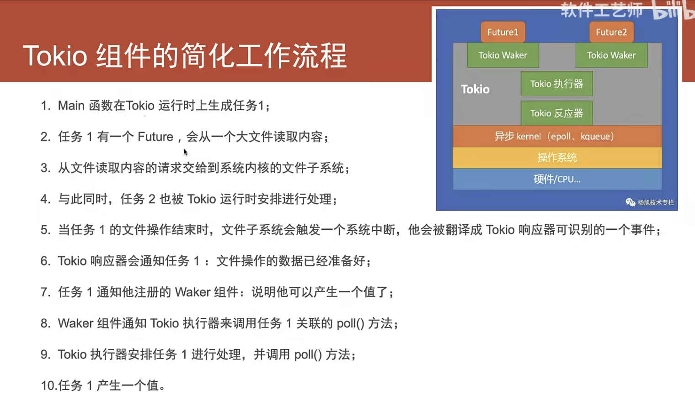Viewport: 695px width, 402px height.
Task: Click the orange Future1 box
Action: coord(503,32)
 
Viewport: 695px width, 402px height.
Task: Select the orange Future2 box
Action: coord(611,32)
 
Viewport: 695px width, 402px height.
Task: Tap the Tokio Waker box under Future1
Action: coord(503,55)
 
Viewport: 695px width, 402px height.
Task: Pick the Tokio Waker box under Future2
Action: coord(611,55)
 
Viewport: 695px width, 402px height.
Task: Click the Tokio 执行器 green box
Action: coord(557,84)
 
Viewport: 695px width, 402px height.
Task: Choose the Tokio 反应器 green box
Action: coord(557,113)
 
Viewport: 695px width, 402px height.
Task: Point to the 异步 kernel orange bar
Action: coord(557,136)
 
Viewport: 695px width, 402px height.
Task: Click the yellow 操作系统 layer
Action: coord(557,158)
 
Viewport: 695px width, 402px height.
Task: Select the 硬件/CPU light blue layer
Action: coord(557,179)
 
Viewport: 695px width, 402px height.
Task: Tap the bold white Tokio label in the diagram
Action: coord(476,89)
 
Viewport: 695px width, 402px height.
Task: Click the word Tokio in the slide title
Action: coord(55,56)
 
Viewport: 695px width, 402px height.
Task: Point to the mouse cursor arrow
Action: coord(185,152)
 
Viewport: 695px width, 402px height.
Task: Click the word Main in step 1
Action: coord(71,106)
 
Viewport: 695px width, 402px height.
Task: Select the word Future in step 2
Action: coord(155,137)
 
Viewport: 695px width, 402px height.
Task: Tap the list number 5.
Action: coord(45,230)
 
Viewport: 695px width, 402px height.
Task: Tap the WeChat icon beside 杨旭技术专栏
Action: coord(630,202)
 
